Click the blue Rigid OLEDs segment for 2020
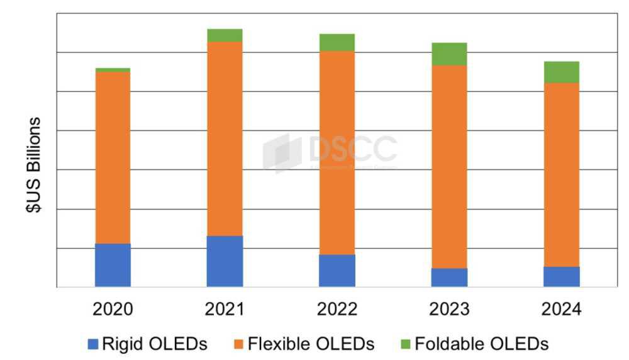point(113,265)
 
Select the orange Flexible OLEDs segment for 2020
point(113,157)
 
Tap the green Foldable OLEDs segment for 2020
point(113,69)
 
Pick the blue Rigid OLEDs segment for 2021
point(225,261)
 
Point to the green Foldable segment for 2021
point(225,35)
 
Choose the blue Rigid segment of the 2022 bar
point(337,271)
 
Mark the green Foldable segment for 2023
point(449,54)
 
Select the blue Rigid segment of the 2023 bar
point(449,278)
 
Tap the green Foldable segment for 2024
point(562,72)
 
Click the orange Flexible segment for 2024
point(562,174)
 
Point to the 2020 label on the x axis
point(113,310)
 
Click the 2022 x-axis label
point(337,310)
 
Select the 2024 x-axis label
point(562,310)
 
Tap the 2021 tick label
point(225,310)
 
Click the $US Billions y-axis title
point(34,165)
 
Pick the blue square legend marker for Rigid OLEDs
point(93,344)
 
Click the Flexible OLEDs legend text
point(311,344)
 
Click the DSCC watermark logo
point(330,151)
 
